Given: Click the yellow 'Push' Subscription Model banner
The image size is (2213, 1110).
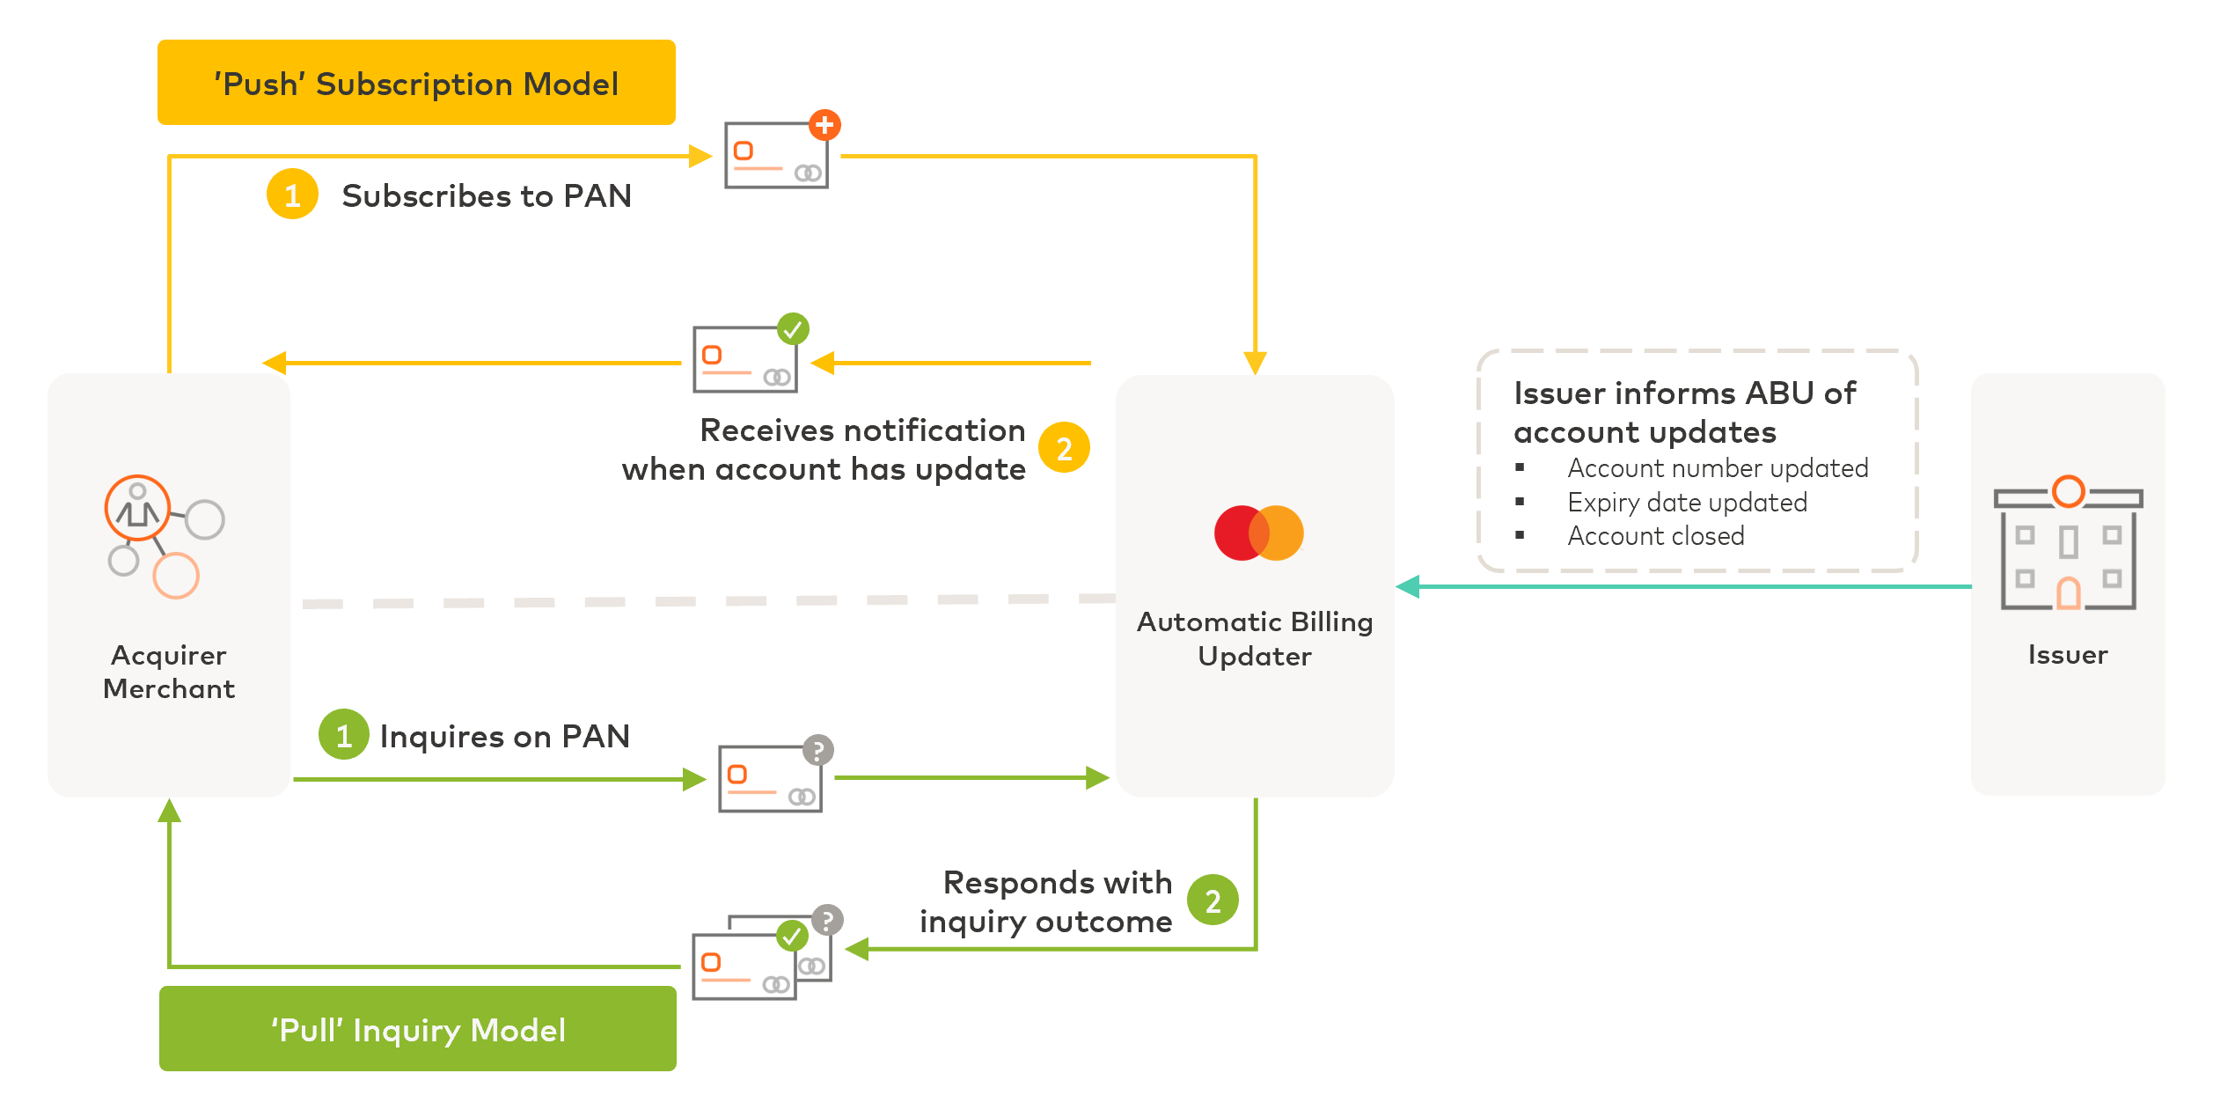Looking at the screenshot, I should pos(416,83).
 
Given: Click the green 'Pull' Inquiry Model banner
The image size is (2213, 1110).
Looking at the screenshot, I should pos(417,1028).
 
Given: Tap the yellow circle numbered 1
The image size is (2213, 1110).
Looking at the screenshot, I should pos(292,195).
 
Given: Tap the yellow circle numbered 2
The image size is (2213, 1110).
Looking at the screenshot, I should pos(1064,448).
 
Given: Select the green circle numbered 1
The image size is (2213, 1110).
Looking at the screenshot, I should pos(343,734).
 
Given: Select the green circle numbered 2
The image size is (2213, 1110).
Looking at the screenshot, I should pos(1213,900).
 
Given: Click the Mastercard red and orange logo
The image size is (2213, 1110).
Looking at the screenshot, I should pos(1258,533).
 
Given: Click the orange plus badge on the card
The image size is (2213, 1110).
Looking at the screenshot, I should pos(824,125).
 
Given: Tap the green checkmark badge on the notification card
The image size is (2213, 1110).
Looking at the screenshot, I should pos(793,329).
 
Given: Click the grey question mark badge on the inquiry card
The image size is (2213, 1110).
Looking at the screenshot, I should pos(817,750).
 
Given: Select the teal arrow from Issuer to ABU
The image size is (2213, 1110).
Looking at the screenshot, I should pos(1672,586).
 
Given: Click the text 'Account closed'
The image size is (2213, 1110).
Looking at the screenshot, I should pos(1655,536).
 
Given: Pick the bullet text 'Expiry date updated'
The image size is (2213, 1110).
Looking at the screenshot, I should pos(1687,503).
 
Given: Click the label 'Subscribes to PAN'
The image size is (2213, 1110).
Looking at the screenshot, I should pos(487,195).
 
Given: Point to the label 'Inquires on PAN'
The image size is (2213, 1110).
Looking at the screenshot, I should pos(504,736).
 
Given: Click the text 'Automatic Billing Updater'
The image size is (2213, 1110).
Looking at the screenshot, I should pos(1255,639).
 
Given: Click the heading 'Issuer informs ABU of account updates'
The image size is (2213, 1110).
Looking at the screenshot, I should pos(1684,412).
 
